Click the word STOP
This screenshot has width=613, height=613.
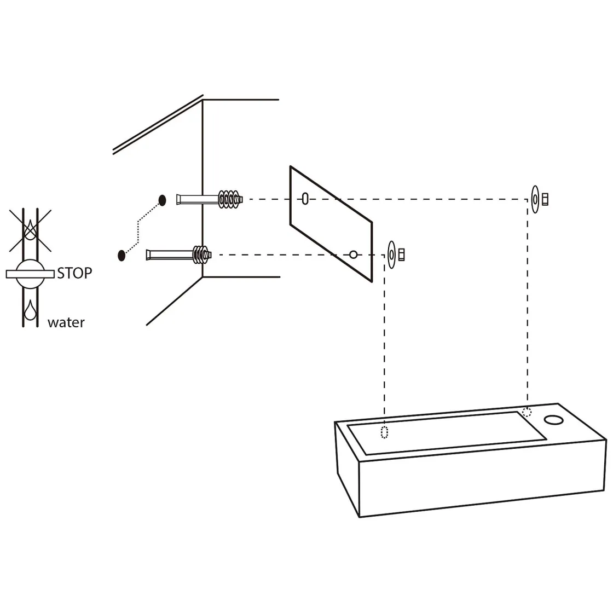[x=74, y=273]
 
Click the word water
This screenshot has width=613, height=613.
[x=66, y=322]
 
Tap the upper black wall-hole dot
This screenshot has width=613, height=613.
[x=162, y=200]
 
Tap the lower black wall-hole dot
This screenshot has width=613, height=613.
[x=122, y=255]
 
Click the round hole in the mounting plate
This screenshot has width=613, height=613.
[x=354, y=255]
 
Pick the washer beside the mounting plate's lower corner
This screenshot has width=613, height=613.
[x=392, y=255]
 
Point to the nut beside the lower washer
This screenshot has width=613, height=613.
[x=401, y=255]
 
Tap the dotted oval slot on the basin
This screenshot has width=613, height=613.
[x=384, y=432]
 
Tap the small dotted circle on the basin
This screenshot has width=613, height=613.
[x=527, y=412]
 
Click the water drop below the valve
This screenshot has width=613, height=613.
[x=29, y=310]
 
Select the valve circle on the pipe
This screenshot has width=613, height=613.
[x=30, y=273]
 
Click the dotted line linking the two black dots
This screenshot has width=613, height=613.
[x=140, y=230]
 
